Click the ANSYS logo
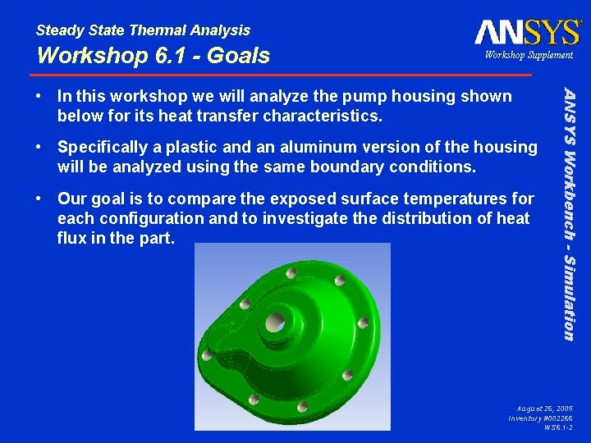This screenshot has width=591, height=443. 527,32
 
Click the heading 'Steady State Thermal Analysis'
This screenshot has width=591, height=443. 143,30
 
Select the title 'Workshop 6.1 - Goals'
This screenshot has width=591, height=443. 153,56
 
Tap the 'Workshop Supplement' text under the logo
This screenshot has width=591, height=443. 529,55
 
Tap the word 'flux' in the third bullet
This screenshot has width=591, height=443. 73,239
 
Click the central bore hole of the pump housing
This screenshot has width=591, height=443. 276,321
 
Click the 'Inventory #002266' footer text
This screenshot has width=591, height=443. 540,418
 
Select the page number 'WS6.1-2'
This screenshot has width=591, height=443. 558,427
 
